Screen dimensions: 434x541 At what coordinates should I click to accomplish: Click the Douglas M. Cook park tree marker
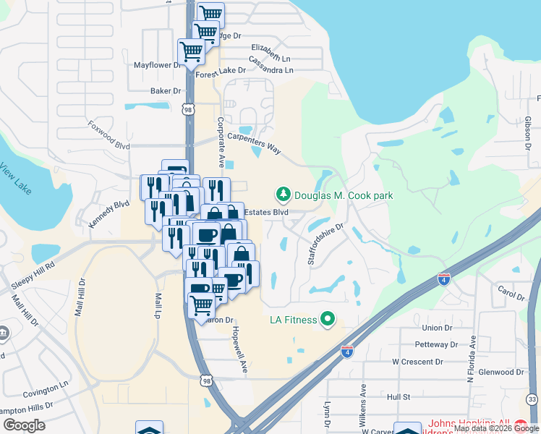[x=283, y=195]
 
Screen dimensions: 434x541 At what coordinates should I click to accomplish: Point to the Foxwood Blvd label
[x=108, y=135]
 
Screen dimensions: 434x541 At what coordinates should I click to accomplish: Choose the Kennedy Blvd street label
[x=109, y=215]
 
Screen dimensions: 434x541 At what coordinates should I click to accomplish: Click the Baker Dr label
[x=165, y=91]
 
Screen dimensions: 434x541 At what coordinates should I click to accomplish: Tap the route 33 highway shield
[x=532, y=399]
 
